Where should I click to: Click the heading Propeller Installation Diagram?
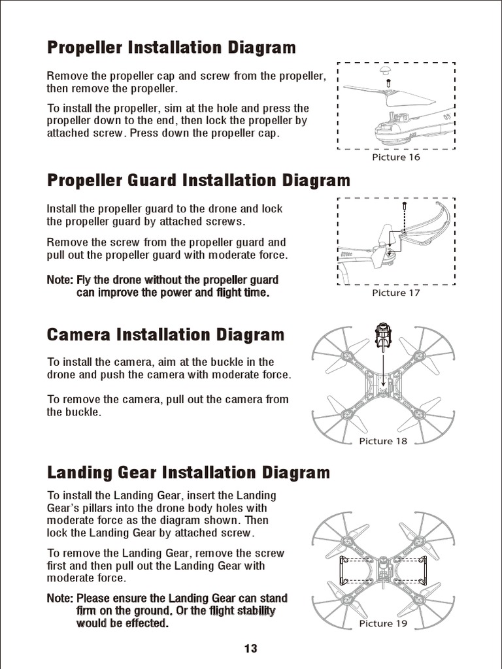pyautogui.click(x=171, y=48)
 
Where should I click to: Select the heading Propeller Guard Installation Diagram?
pyautogui.click(x=199, y=180)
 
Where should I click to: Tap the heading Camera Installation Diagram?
pyautogui.click(x=165, y=335)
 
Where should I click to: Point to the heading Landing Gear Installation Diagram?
pyautogui.click(x=188, y=472)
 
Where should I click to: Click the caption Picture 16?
pyautogui.click(x=396, y=157)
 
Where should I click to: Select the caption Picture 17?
pyautogui.click(x=396, y=293)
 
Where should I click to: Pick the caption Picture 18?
pyautogui.click(x=383, y=441)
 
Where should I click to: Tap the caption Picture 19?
pyautogui.click(x=383, y=623)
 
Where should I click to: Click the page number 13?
pyautogui.click(x=251, y=649)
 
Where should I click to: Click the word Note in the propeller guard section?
pyautogui.click(x=59, y=280)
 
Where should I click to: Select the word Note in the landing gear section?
pyautogui.click(x=59, y=598)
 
